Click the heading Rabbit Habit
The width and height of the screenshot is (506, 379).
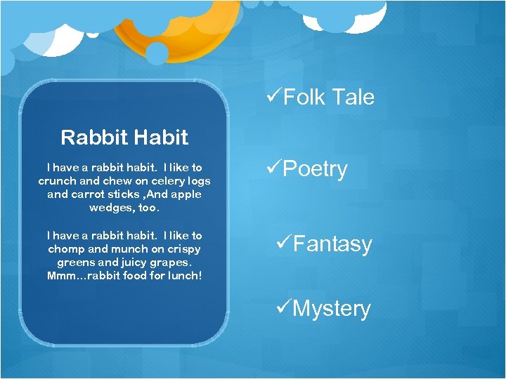(124, 137)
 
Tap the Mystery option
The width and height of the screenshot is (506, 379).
(331, 309)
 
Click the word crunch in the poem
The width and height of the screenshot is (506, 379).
(57, 181)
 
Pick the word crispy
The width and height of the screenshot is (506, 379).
(184, 249)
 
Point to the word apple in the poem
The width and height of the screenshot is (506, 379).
(185, 194)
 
